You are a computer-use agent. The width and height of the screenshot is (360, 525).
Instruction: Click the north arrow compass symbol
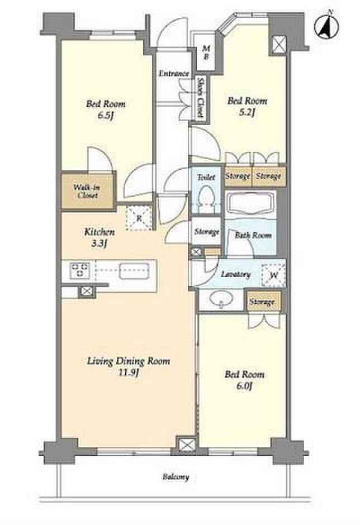click(326, 26)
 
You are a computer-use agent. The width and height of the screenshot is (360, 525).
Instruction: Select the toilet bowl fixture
click(206, 199)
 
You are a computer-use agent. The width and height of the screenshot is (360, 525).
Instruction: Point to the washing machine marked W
click(274, 275)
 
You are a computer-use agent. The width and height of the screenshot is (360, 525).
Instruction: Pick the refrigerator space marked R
click(139, 218)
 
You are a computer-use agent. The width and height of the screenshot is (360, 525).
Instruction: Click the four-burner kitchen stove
click(80, 270)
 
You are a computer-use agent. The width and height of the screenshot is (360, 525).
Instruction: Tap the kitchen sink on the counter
click(134, 270)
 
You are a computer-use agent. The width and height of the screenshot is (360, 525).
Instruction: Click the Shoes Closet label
click(201, 97)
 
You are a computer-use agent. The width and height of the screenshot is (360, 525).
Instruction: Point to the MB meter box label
click(206, 52)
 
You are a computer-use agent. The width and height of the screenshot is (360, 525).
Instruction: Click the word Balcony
click(176, 476)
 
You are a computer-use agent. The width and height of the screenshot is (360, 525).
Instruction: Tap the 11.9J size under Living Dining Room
click(129, 373)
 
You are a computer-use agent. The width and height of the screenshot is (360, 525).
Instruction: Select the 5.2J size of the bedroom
click(247, 112)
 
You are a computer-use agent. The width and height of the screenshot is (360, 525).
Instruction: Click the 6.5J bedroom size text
click(106, 116)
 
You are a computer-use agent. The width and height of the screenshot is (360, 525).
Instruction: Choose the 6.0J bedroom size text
click(244, 386)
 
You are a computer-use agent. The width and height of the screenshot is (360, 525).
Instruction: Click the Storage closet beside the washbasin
click(263, 302)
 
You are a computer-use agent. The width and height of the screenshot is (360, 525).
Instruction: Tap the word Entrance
click(174, 73)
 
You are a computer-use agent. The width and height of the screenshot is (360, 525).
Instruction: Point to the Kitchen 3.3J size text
click(99, 244)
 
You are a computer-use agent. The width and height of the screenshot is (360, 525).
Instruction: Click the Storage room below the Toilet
click(206, 232)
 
